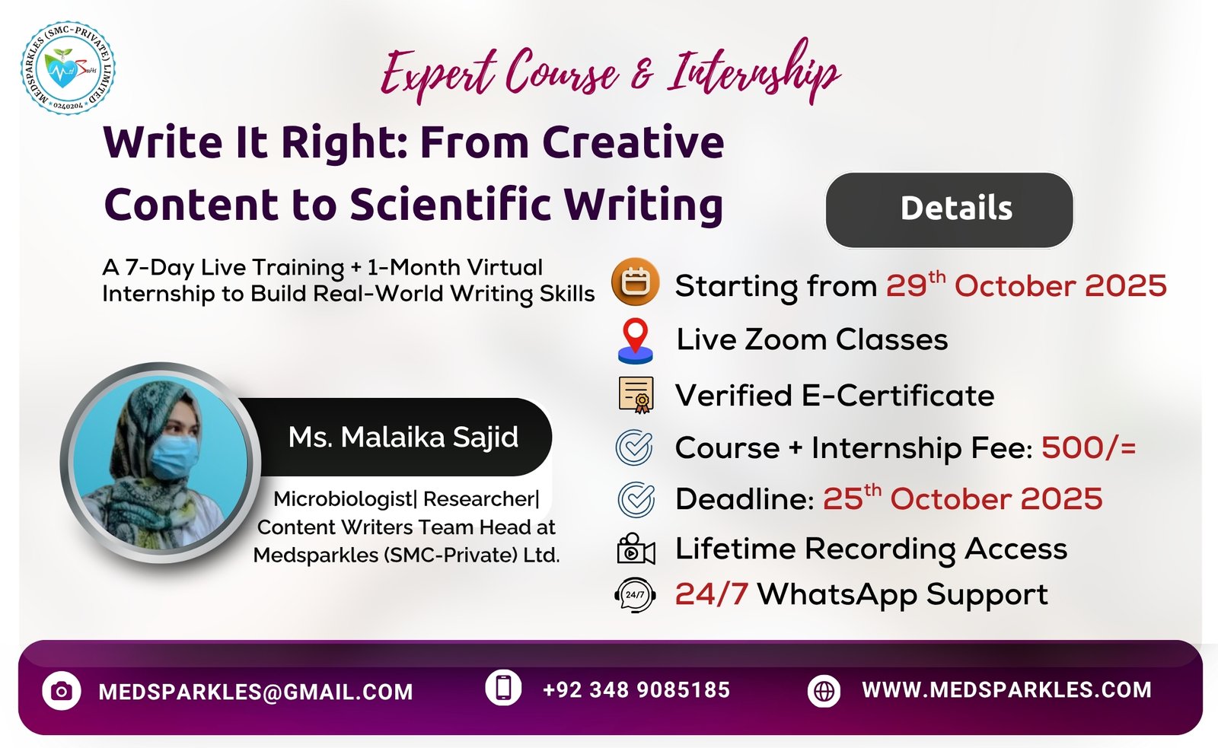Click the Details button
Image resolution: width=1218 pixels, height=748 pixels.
point(949,210)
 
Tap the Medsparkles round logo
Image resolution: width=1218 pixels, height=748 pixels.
point(68,68)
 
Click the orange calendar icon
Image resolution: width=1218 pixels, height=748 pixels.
point(635,282)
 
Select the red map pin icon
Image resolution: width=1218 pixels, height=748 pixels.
point(635,341)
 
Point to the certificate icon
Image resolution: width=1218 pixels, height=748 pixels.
point(636,395)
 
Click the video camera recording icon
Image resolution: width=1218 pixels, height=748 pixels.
point(636,549)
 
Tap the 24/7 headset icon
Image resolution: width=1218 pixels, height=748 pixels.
point(635,595)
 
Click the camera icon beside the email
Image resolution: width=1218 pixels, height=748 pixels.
point(62,691)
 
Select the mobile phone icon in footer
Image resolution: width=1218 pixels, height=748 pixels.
point(503,688)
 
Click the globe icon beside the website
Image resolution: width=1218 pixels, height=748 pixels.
point(824,691)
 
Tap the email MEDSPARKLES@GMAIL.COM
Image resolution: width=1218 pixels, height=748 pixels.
point(256,692)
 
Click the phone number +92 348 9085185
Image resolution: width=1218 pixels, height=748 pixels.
point(636,690)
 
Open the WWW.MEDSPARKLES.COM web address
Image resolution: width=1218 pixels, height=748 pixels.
point(1006,690)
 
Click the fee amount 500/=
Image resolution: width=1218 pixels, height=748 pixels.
point(1089,448)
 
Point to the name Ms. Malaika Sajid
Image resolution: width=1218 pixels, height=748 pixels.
point(403,437)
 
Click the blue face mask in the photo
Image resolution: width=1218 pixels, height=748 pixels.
point(173,457)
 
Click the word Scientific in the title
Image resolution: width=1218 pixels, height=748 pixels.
point(450,205)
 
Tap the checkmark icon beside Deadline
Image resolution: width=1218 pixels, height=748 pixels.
point(636,499)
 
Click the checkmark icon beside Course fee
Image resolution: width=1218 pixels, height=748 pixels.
point(634,447)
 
